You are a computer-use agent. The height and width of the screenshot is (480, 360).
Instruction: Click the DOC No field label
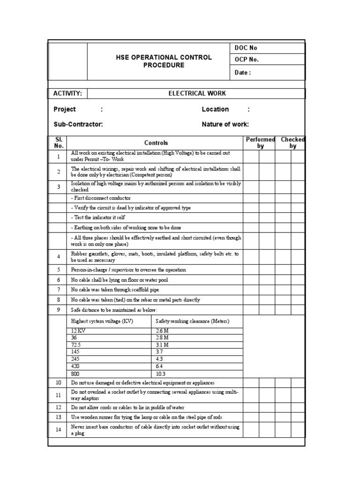tap(245, 48)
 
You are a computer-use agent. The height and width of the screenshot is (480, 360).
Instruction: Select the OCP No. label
tap(246, 60)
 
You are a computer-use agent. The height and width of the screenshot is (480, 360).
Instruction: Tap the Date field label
tap(242, 73)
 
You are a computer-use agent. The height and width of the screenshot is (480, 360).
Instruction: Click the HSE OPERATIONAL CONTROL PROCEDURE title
tap(164, 61)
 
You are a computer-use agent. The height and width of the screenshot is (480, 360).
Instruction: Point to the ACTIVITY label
tap(67, 93)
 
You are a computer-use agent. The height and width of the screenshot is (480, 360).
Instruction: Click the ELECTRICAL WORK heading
tap(197, 93)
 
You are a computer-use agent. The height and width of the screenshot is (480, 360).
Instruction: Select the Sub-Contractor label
tap(78, 124)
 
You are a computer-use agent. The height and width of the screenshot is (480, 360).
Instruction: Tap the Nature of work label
tap(225, 124)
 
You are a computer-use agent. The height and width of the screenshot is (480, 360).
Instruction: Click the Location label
tap(215, 109)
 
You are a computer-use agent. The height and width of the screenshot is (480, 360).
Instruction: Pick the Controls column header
tap(156, 143)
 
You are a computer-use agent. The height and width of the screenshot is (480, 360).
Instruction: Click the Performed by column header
tap(260, 143)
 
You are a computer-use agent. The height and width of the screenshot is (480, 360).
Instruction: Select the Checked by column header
tap(292, 143)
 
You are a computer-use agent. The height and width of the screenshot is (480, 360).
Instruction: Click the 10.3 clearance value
tap(161, 374)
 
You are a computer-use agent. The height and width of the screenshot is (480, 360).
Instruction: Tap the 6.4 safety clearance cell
tap(159, 367)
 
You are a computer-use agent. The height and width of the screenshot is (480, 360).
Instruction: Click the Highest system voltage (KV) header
tap(102, 321)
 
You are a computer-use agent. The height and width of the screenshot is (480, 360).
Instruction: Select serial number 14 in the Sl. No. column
tap(59, 429)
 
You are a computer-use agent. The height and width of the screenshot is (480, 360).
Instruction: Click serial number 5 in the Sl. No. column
tap(59, 270)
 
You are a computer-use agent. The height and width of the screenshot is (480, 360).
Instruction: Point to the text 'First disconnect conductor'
tap(101, 198)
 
